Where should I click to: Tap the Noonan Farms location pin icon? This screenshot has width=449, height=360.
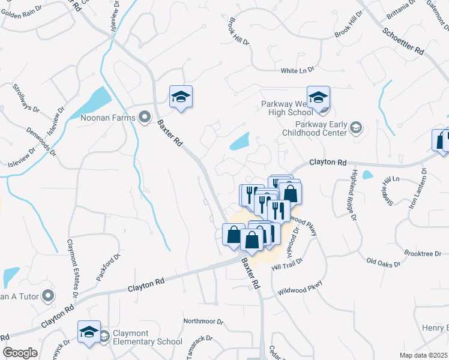144,118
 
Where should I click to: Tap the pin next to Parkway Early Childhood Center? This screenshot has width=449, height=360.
356,127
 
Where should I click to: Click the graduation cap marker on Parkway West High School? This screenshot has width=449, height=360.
319,97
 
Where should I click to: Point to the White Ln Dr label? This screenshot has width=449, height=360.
298,71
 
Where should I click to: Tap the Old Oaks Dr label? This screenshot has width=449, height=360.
384,262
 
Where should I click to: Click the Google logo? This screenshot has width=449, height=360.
20,353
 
